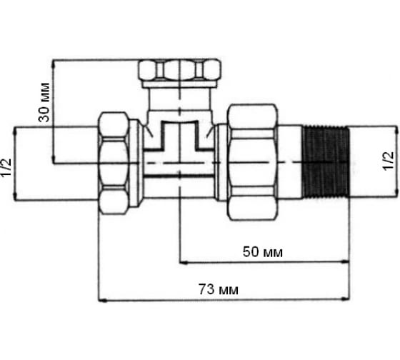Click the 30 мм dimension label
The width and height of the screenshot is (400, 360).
[44, 102]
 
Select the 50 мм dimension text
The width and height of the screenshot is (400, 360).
[263, 252]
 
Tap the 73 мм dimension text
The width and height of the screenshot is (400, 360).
[219, 289]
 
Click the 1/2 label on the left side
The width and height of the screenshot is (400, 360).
[6, 167]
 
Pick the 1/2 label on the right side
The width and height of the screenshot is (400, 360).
[388, 161]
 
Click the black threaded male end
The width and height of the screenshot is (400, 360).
[326, 162]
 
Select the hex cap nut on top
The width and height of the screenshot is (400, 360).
[180, 69]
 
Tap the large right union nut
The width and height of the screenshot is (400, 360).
[252, 162]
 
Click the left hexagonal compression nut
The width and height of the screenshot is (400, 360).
[114, 163]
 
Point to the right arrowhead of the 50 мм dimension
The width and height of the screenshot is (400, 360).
[346, 261]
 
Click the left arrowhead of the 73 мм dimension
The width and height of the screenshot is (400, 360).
[103, 301]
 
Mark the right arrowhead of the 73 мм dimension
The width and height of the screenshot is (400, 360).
[346, 299]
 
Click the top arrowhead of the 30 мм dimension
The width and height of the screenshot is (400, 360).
[54, 64]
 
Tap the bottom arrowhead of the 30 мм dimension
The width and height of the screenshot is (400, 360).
[54, 159]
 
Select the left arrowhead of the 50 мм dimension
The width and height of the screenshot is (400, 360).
[184, 262]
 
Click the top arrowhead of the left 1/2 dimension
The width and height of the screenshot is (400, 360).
[14, 131]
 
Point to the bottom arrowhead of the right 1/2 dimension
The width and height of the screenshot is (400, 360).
[396, 192]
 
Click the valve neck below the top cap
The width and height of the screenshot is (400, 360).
[180, 99]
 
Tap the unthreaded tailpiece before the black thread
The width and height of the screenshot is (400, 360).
[290, 161]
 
